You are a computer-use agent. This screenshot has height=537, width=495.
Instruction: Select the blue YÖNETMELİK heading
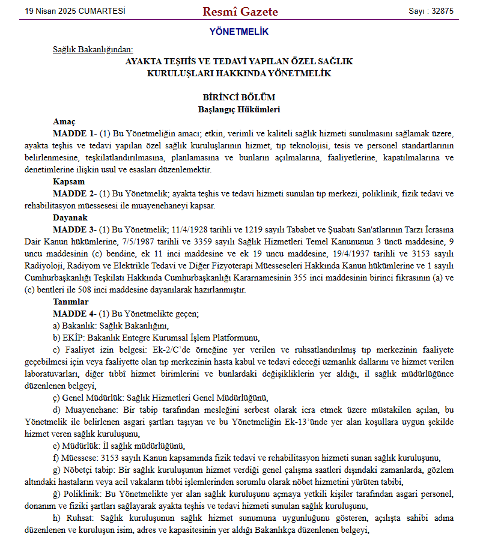pyautogui.click(x=239, y=32)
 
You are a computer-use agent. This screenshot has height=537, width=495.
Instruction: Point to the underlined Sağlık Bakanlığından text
pyautogui.click(x=93, y=49)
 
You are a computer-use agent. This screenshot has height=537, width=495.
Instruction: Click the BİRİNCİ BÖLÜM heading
pyautogui.click(x=239, y=97)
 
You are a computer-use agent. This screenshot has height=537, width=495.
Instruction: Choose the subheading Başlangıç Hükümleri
pyautogui.click(x=239, y=109)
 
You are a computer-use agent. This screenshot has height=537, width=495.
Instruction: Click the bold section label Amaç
pyautogui.click(x=64, y=121)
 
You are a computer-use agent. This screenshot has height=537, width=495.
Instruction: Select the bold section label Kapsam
pyautogui.click(x=68, y=181)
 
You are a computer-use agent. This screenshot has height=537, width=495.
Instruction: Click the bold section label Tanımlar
pyautogui.click(x=71, y=302)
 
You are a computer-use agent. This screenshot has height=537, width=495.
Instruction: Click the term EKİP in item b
pyautogui.click(x=71, y=338)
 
